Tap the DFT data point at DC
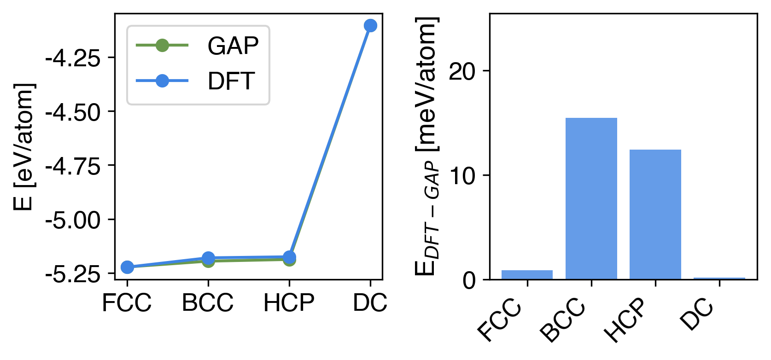[370, 25]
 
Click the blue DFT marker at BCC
[208, 258]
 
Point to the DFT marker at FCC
[127, 267]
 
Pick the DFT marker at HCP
[289, 257]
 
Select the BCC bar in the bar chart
[591, 198]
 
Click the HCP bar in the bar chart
[655, 214]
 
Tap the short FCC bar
[527, 275]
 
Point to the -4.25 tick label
[73, 58]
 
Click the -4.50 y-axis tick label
[73, 112]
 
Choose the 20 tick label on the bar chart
[462, 71]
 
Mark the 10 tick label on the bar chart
[462, 176]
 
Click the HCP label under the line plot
[289, 303]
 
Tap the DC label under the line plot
[370, 303]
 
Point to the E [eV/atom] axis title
[24, 146]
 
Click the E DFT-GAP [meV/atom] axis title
[427, 146]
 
